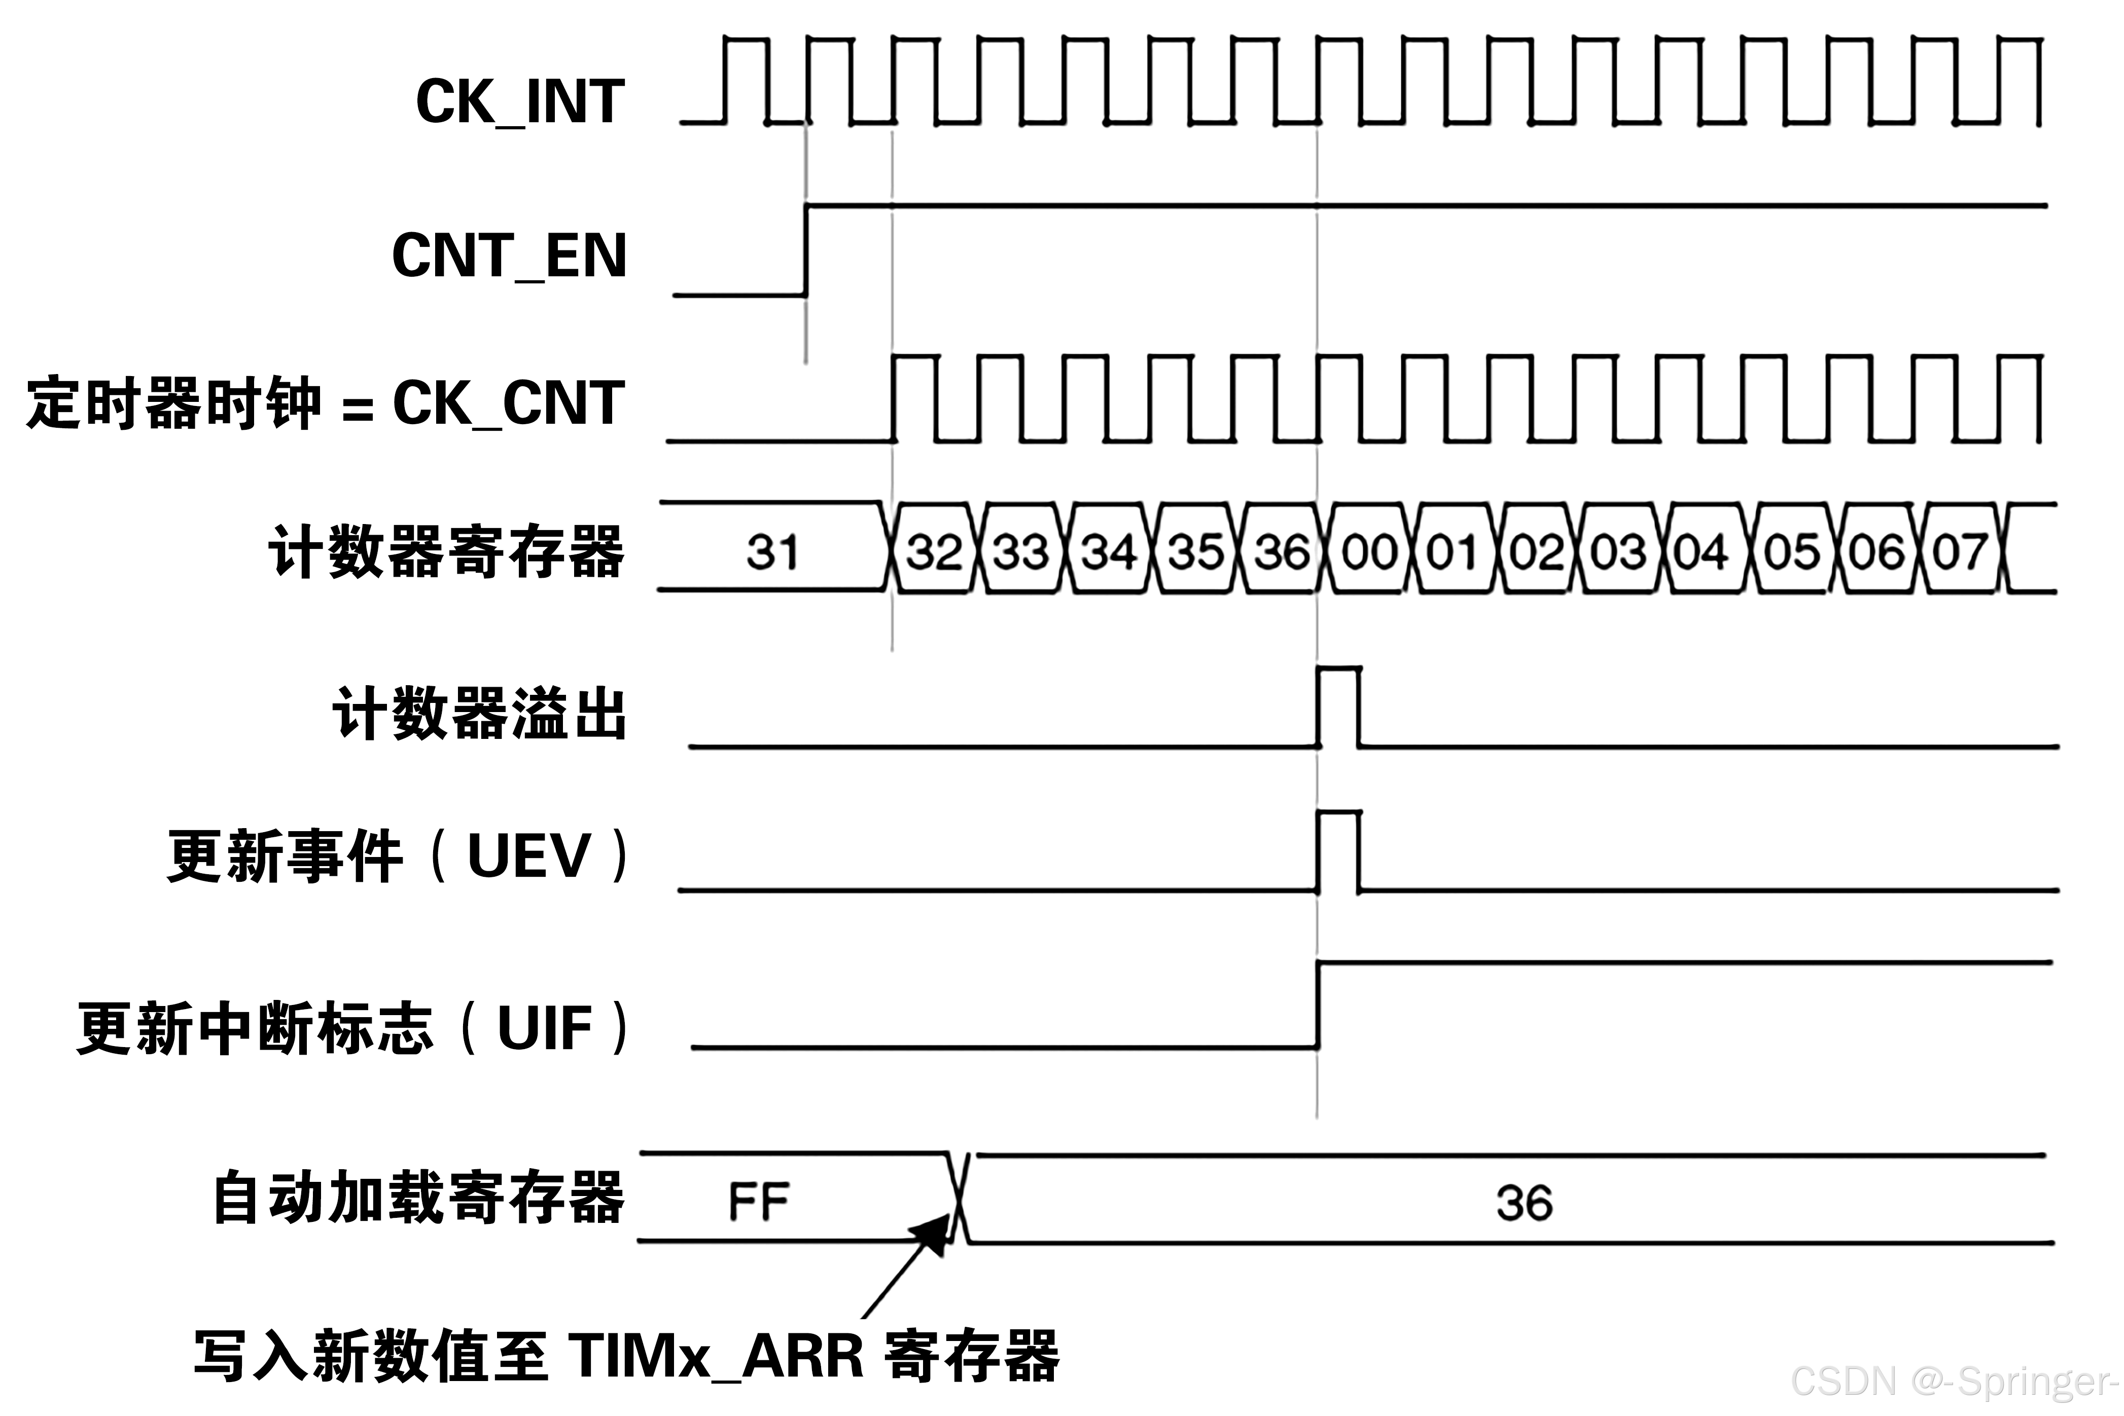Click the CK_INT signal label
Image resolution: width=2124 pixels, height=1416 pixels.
519,101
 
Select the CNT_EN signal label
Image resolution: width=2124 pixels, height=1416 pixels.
509,255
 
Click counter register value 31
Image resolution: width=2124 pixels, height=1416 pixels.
772,552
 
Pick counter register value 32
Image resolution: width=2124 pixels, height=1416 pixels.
934,552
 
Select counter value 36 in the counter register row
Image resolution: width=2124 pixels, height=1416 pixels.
1281,552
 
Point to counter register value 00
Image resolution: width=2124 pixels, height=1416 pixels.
1368,552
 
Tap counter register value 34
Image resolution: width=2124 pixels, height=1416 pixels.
1109,552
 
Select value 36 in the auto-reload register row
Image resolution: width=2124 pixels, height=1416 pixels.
1524,1203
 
